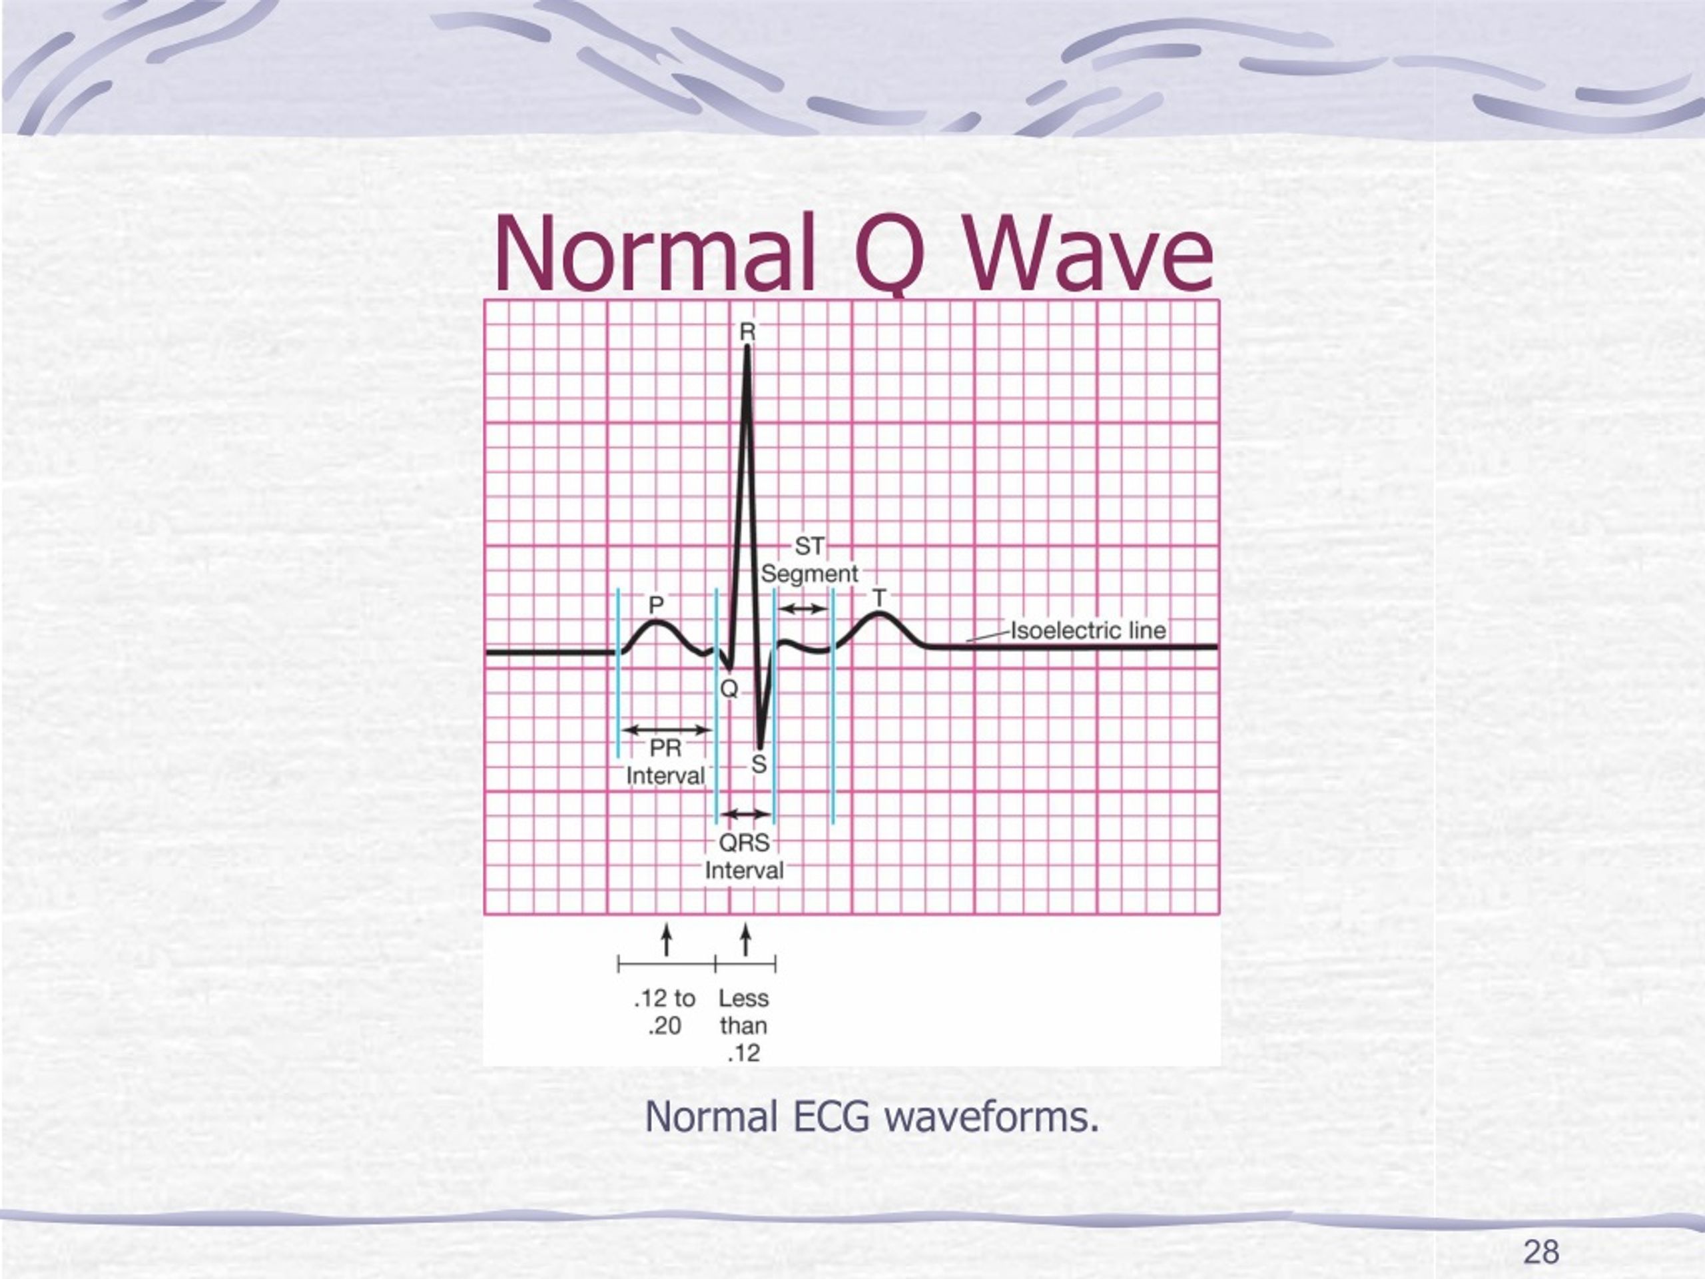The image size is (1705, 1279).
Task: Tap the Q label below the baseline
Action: tap(729, 688)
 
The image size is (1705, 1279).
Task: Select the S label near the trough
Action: tap(759, 765)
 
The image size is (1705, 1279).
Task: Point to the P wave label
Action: tap(656, 604)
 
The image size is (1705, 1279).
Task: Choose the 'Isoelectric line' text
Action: tap(1088, 631)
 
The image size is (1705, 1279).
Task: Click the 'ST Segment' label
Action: tap(809, 560)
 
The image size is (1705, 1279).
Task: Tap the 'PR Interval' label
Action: tap(665, 761)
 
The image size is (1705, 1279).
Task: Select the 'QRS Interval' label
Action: tap(745, 857)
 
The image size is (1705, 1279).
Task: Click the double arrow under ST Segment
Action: tap(803, 609)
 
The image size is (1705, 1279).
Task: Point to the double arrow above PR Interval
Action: tap(666, 730)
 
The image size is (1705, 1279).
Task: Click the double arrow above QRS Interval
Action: tap(745, 813)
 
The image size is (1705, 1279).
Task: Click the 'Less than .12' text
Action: tap(744, 1025)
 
